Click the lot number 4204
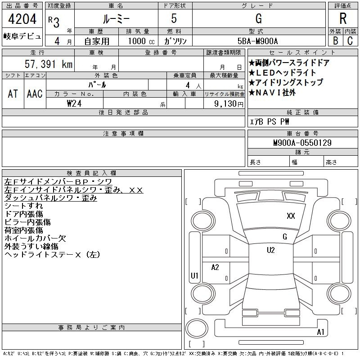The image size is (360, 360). click(x=22, y=18)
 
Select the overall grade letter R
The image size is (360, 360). click(x=343, y=18)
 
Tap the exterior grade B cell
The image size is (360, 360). click(x=335, y=40)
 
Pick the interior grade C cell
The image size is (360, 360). click(x=350, y=40)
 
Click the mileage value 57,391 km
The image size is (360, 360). click(x=49, y=64)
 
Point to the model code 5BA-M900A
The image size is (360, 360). click(x=257, y=41)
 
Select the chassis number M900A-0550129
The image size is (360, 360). click(x=302, y=143)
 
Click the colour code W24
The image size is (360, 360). click(x=74, y=103)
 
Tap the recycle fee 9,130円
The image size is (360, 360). click(x=229, y=104)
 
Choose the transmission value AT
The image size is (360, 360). click(x=13, y=94)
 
